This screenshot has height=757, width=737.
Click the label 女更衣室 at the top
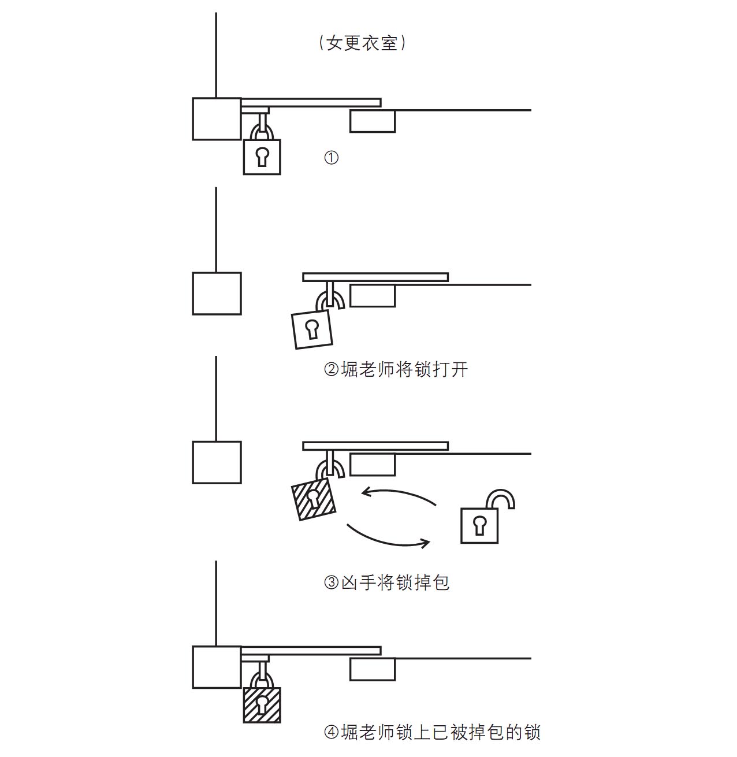tap(362, 43)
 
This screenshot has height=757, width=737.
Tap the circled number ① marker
tap(331, 158)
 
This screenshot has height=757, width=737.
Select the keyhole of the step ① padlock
tap(262, 157)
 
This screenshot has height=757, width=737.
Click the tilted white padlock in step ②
tap(312, 329)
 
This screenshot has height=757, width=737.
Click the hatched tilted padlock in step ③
tap(314, 499)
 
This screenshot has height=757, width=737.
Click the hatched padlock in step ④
tap(262, 704)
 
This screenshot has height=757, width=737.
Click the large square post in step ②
tap(217, 294)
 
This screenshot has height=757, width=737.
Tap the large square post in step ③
tap(217, 462)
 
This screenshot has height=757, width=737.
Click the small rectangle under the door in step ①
tap(373, 121)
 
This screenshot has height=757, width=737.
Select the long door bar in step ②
tap(375, 277)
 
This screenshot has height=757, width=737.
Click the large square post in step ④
tap(217, 667)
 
